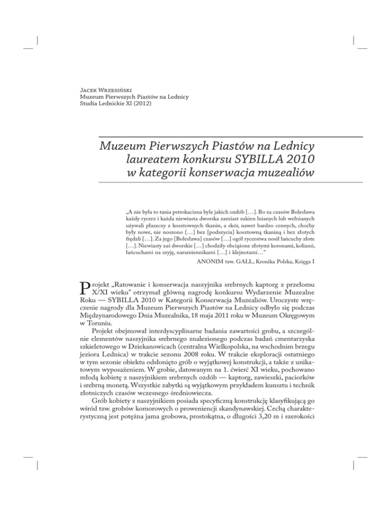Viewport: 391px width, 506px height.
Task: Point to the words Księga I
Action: coord(350,264)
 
